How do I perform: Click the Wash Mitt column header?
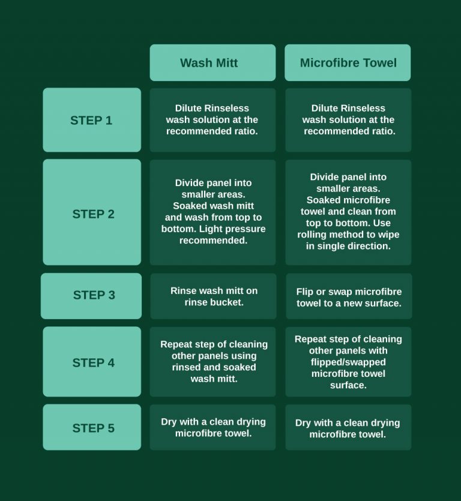(x=212, y=62)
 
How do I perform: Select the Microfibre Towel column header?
(x=348, y=62)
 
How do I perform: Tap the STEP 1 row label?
(x=91, y=120)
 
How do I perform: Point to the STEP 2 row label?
(x=92, y=214)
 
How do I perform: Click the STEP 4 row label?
(x=92, y=362)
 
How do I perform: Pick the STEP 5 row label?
(x=92, y=428)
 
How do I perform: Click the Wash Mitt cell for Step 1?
(x=212, y=120)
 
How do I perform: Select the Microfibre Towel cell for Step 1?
(x=348, y=120)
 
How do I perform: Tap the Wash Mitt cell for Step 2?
(x=212, y=212)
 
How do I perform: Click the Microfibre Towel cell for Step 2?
(x=348, y=212)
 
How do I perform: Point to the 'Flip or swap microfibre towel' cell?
(x=348, y=297)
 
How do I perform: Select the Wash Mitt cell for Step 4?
(x=214, y=362)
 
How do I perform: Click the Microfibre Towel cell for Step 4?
(x=348, y=362)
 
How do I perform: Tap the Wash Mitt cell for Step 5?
(x=212, y=427)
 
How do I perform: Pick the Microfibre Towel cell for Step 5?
(x=348, y=428)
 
